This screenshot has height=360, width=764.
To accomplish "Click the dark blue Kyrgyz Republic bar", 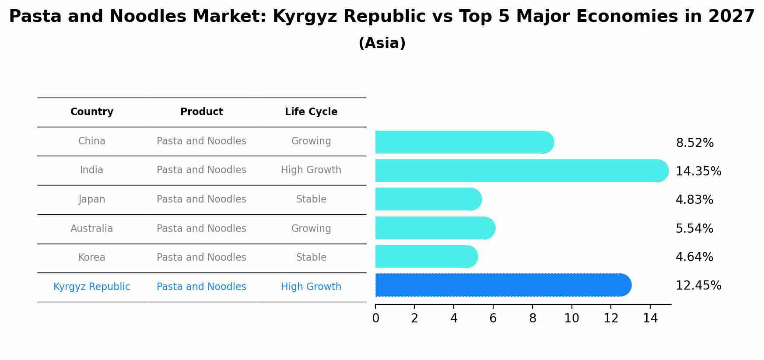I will pyautogui.click(x=503, y=285).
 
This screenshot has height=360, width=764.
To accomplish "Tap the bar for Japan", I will pyautogui.click(x=428, y=199).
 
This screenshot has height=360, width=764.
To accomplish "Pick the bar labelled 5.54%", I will pyautogui.click(x=435, y=228).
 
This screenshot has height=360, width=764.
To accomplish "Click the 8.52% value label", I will pyautogui.click(x=694, y=143).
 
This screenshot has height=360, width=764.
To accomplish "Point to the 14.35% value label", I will pyautogui.click(x=698, y=171).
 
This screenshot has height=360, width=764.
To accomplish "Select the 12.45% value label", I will pyautogui.click(x=698, y=286).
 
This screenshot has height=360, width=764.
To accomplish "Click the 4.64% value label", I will pyautogui.click(x=694, y=257).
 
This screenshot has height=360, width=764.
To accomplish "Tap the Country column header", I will pyautogui.click(x=92, y=112).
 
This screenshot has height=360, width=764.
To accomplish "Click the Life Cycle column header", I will pyautogui.click(x=311, y=112).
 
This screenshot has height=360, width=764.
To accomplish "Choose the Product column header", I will pyautogui.click(x=201, y=112).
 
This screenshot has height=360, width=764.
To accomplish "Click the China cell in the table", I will pyautogui.click(x=92, y=141).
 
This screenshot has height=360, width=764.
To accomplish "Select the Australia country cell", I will pyautogui.click(x=92, y=228).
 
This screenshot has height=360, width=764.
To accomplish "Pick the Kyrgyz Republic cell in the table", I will pyautogui.click(x=92, y=287).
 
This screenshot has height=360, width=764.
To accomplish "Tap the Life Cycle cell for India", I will pyautogui.click(x=311, y=170).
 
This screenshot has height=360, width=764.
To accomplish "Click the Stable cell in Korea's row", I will pyautogui.click(x=311, y=258).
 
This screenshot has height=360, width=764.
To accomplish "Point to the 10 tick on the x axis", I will pyautogui.click(x=571, y=318).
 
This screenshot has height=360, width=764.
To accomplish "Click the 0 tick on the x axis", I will pyautogui.click(x=375, y=318).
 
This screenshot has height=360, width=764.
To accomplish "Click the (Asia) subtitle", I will pyautogui.click(x=382, y=43).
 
